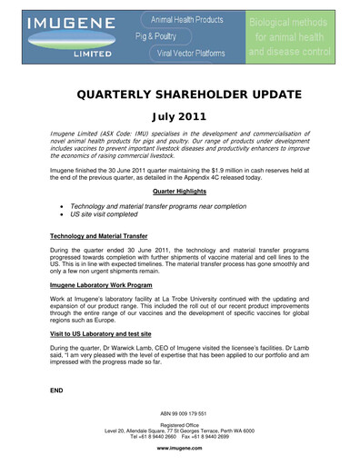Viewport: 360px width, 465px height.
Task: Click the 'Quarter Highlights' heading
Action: pyautogui.click(x=180, y=193)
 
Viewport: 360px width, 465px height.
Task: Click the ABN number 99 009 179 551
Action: pyautogui.click(x=180, y=413)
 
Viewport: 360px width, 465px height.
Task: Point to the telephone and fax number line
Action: pyautogui.click(x=180, y=436)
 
